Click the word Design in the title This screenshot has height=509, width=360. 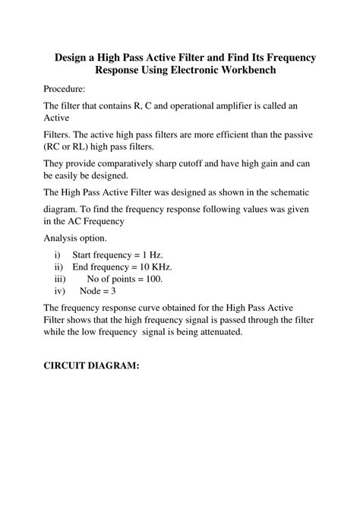pyautogui.click(x=72, y=58)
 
